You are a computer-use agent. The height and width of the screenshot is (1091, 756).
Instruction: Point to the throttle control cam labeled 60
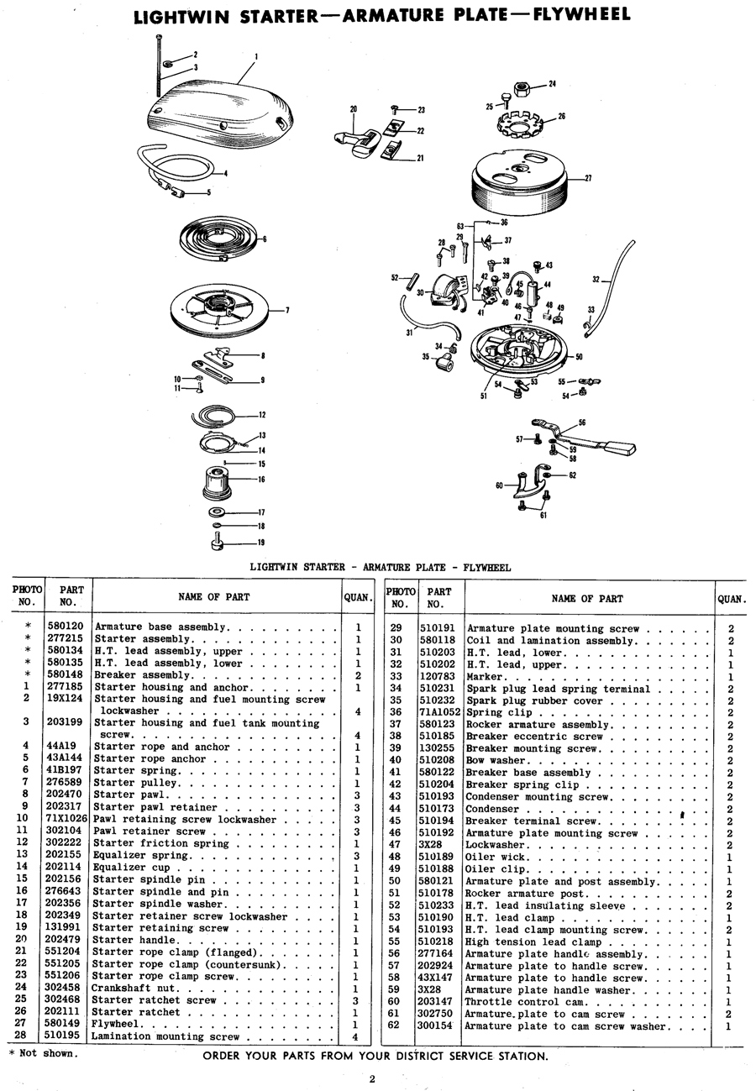coord(527,486)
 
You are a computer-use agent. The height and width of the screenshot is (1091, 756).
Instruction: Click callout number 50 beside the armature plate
coord(580,357)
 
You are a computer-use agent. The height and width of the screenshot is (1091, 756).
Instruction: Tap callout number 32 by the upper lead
coord(596,280)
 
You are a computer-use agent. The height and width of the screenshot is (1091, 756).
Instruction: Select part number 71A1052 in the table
coord(440,712)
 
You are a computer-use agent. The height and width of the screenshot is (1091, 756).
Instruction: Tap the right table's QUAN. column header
coord(731,599)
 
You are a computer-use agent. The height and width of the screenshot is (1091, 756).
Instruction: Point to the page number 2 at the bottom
coord(371,1079)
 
